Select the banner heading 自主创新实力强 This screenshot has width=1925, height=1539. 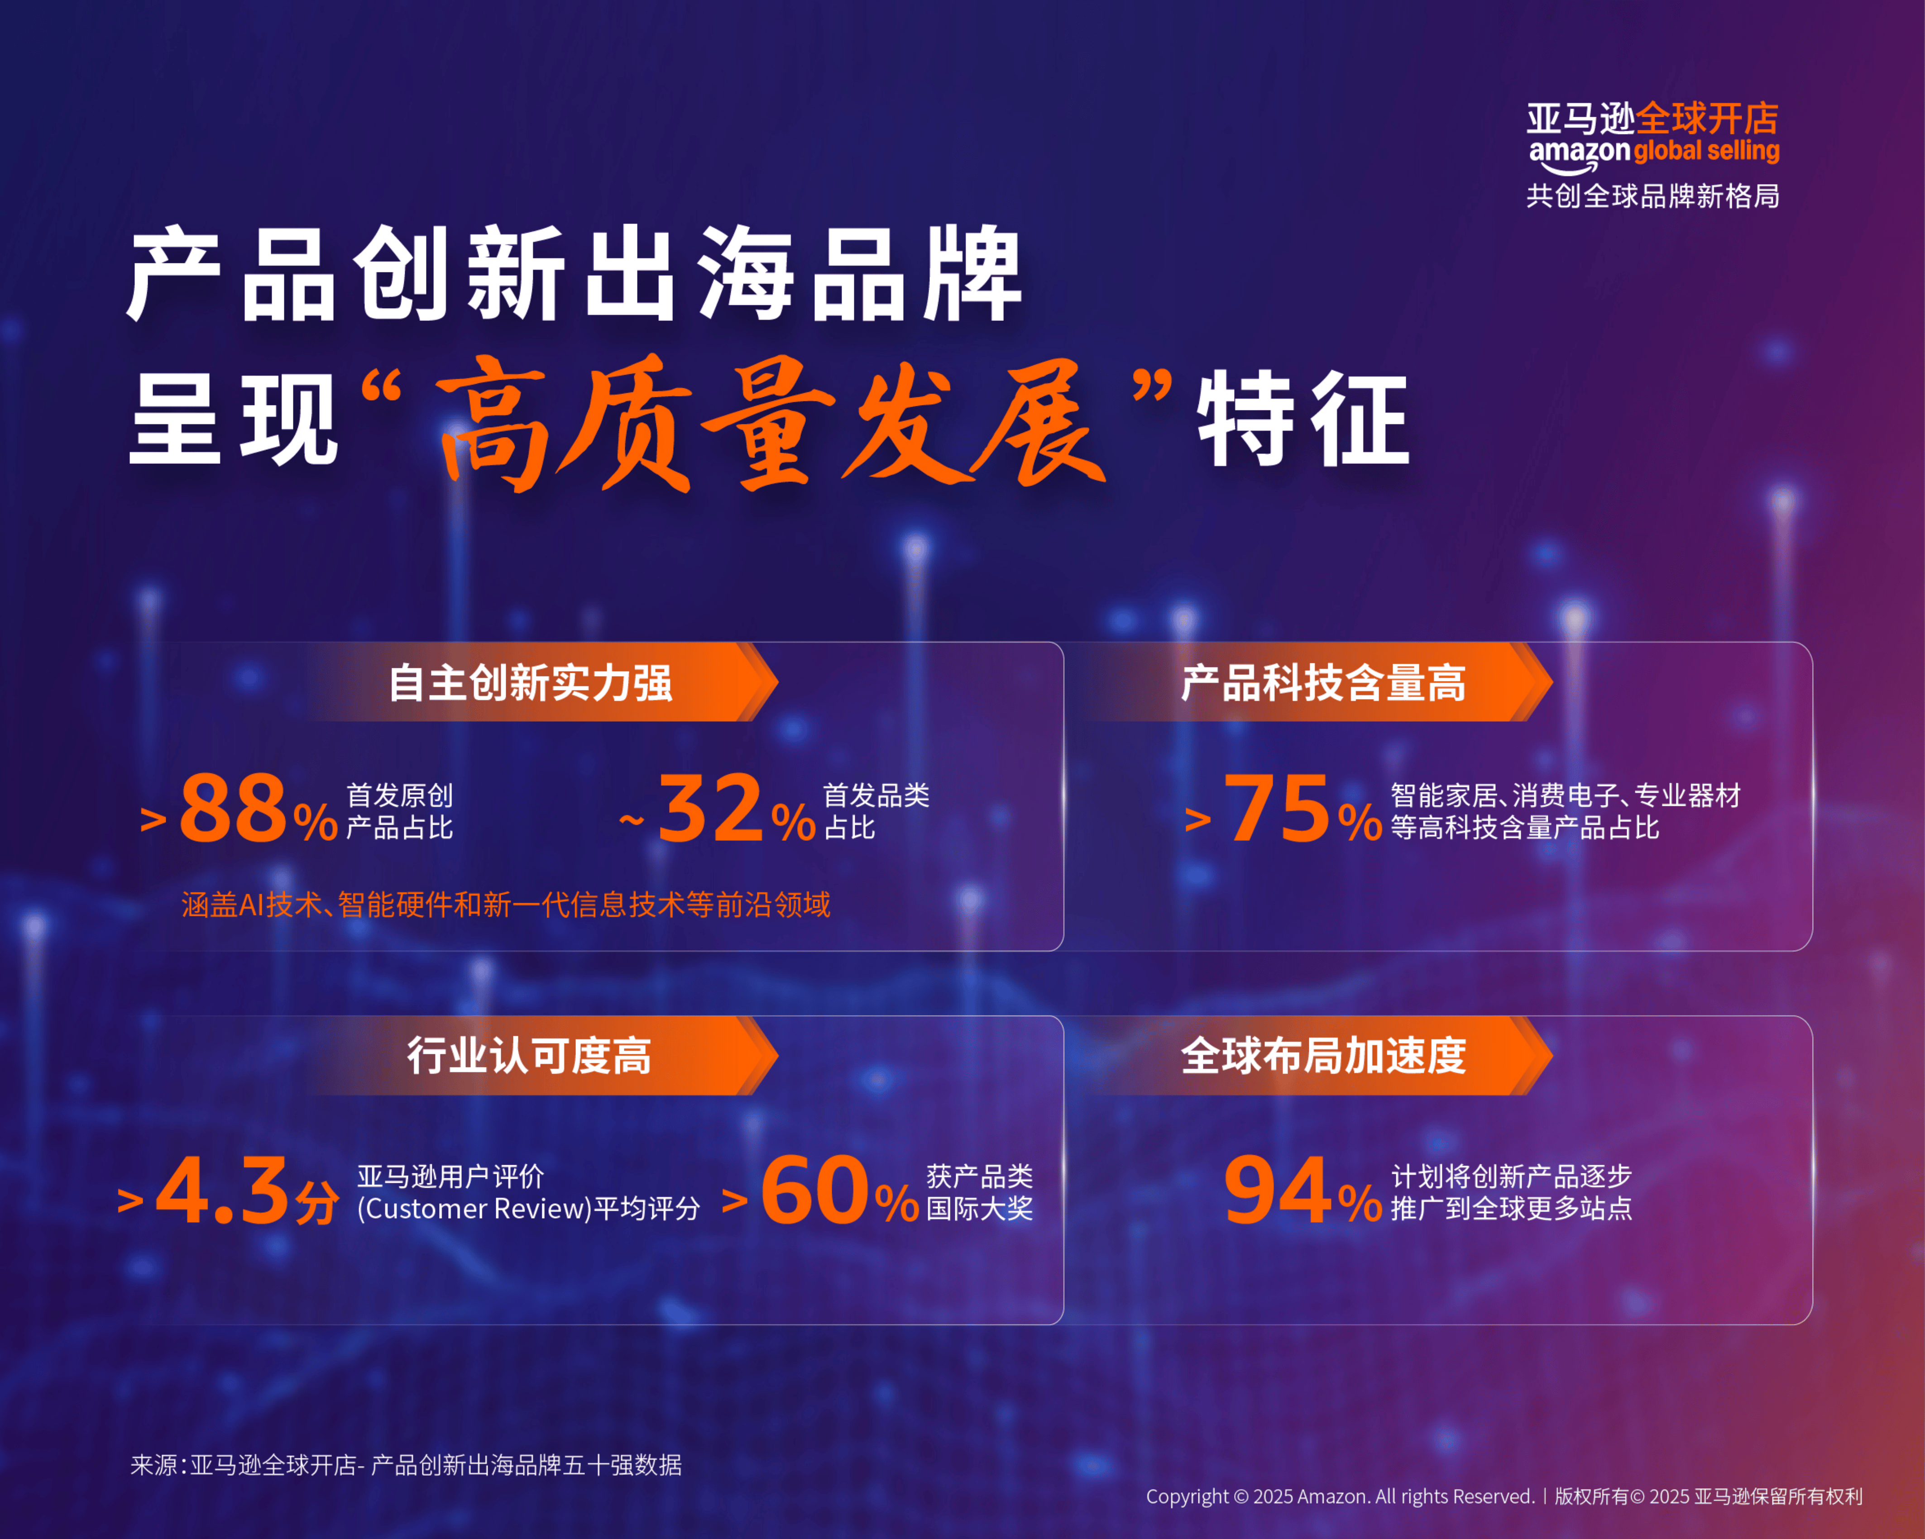tap(530, 683)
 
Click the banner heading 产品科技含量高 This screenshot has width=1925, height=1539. tap(1323, 683)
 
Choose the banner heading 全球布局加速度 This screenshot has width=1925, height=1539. tap(1323, 1056)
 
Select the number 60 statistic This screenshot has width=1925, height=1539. tap(814, 1191)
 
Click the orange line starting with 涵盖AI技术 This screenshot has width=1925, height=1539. tap(505, 905)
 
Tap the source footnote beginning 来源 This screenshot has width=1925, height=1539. tap(406, 1465)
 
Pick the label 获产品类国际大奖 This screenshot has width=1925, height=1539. tap(979, 1193)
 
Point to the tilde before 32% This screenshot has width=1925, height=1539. tap(631, 820)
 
